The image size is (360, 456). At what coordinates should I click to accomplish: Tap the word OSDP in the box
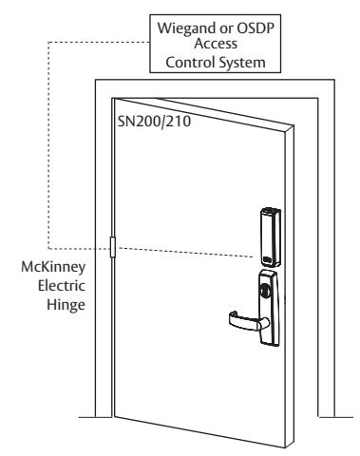click(256, 28)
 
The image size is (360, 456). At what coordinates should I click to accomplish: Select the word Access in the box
click(216, 44)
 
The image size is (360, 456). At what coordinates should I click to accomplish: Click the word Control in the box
click(190, 62)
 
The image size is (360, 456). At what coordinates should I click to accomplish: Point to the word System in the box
click(242, 63)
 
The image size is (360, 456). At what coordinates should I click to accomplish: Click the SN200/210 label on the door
click(154, 122)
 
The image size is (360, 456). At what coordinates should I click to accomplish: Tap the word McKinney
click(53, 267)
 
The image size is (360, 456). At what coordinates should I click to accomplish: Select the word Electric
click(62, 286)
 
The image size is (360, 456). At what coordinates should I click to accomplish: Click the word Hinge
click(66, 305)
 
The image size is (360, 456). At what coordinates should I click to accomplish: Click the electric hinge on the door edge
click(112, 247)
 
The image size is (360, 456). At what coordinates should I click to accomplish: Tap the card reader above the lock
click(271, 237)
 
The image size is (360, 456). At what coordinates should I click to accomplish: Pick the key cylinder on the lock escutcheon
click(265, 290)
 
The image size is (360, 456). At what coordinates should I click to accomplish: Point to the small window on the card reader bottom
click(267, 259)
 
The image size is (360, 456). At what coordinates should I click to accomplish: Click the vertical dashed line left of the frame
click(48, 145)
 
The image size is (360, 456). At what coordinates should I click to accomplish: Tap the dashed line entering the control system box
click(99, 42)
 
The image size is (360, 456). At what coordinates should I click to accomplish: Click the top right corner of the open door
click(294, 126)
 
